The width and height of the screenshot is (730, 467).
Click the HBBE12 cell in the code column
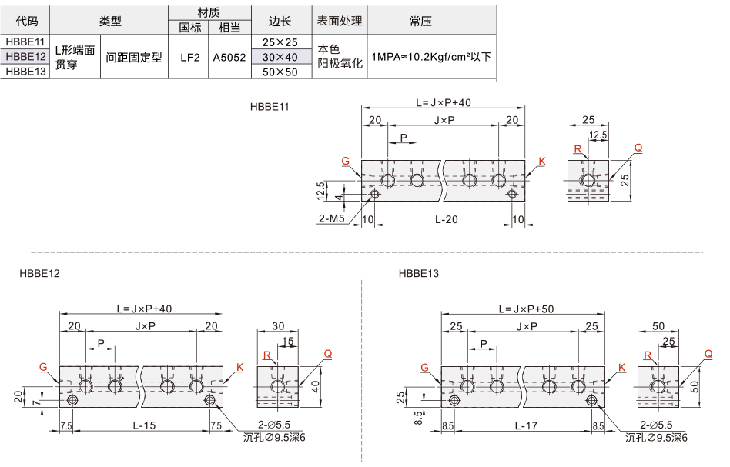[25, 57]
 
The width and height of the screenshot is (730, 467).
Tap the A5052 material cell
[229, 57]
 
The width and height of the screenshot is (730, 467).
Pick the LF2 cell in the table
[190, 57]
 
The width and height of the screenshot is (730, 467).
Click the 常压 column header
[421, 21]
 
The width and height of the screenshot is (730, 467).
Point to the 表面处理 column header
[340, 21]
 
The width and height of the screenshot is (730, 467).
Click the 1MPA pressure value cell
[431, 57]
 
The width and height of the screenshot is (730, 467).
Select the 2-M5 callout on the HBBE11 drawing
[331, 218]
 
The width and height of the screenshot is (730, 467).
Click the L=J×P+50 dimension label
[526, 309]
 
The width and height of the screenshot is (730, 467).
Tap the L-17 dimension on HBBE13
[526, 425]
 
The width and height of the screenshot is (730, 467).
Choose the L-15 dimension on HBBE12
[144, 425]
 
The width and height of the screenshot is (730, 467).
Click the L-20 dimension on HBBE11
[447, 219]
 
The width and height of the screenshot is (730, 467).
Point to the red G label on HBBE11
[346, 161]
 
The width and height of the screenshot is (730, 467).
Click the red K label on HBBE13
[622, 368]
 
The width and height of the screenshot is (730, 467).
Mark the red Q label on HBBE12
[328, 354]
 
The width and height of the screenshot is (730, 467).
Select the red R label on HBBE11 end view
[578, 148]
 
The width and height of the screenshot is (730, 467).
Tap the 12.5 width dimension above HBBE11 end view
[598, 135]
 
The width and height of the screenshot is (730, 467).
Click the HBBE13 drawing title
[419, 273]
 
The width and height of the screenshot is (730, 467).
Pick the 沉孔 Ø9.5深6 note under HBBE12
[274, 437]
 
